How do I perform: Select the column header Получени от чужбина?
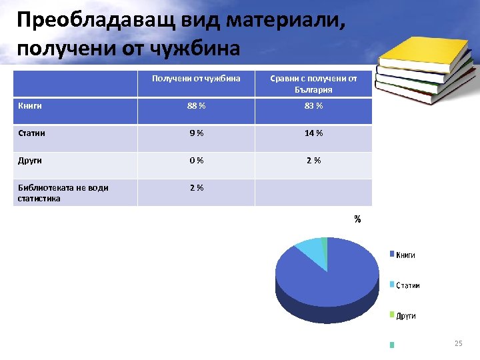pos(196,79)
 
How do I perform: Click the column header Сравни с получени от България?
pos(313,84)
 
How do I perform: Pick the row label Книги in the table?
pos(29,106)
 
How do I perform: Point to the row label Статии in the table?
pos(31,133)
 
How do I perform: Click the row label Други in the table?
pos(29,161)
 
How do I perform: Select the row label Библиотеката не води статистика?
pos(63,193)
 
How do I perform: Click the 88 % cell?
pos(196,106)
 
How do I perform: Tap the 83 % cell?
pos(313,106)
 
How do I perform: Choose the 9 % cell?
pos(196,133)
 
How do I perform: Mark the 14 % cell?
pos(313,133)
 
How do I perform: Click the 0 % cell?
pos(196,161)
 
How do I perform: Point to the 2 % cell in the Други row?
pos(313,161)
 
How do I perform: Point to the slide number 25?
pos(458,343)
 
